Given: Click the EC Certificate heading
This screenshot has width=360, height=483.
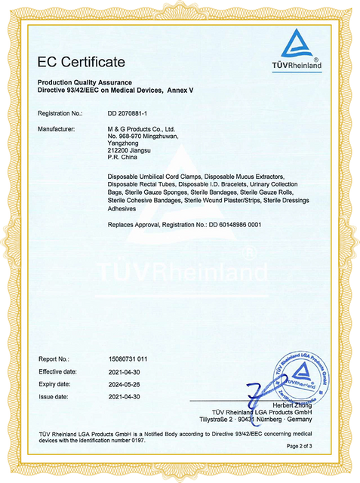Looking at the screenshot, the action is (82, 61).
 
